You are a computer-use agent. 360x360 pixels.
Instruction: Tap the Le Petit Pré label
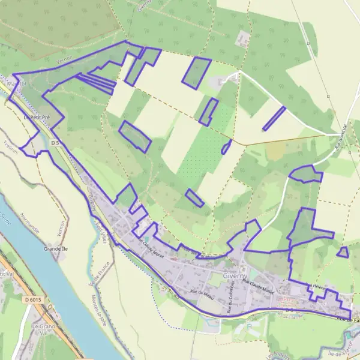[35, 118]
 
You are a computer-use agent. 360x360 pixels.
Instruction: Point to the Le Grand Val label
[43, 328]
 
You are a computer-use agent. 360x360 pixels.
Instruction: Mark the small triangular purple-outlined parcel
[343, 253]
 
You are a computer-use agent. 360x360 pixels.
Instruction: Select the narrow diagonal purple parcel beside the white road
[274, 118]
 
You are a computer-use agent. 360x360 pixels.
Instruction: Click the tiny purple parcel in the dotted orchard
[226, 147]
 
